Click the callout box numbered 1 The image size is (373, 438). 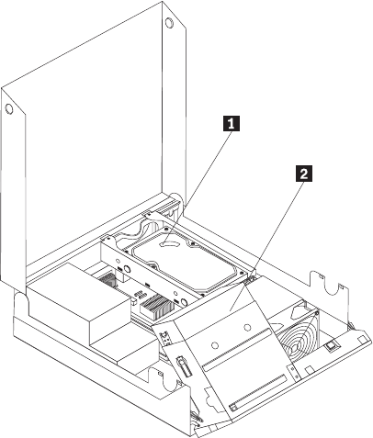click(x=232, y=123)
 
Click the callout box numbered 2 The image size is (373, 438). click(x=304, y=174)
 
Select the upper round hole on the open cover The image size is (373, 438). click(x=169, y=23)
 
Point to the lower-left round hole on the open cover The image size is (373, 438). click(x=9, y=109)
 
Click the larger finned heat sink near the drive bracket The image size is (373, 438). click(x=155, y=305)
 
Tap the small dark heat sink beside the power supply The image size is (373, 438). click(x=107, y=279)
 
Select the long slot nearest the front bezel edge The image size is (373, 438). click(x=258, y=393)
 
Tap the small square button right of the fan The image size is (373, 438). click(x=331, y=346)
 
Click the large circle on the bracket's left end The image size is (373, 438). click(x=128, y=269)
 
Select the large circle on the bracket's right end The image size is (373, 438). click(x=185, y=303)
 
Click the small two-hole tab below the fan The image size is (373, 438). click(x=295, y=373)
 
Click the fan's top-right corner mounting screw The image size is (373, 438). click(x=317, y=313)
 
